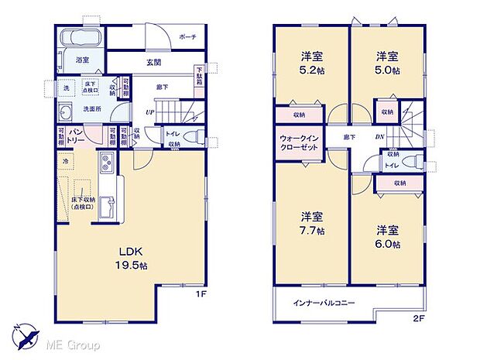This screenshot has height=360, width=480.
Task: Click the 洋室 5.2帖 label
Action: [x=311, y=63]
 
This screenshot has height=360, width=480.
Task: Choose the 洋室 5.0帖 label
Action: [x=387, y=63]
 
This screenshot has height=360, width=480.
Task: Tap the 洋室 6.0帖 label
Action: [x=387, y=237]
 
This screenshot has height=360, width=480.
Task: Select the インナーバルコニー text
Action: [x=324, y=303]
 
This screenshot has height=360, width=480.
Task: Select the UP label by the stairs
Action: [x=149, y=113]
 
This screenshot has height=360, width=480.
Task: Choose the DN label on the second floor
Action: [x=380, y=137]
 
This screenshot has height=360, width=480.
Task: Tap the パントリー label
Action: [x=77, y=136]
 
